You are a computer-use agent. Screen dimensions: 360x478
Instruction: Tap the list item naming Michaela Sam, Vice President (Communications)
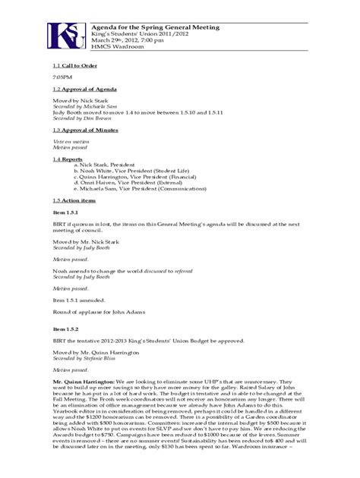(134, 189)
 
